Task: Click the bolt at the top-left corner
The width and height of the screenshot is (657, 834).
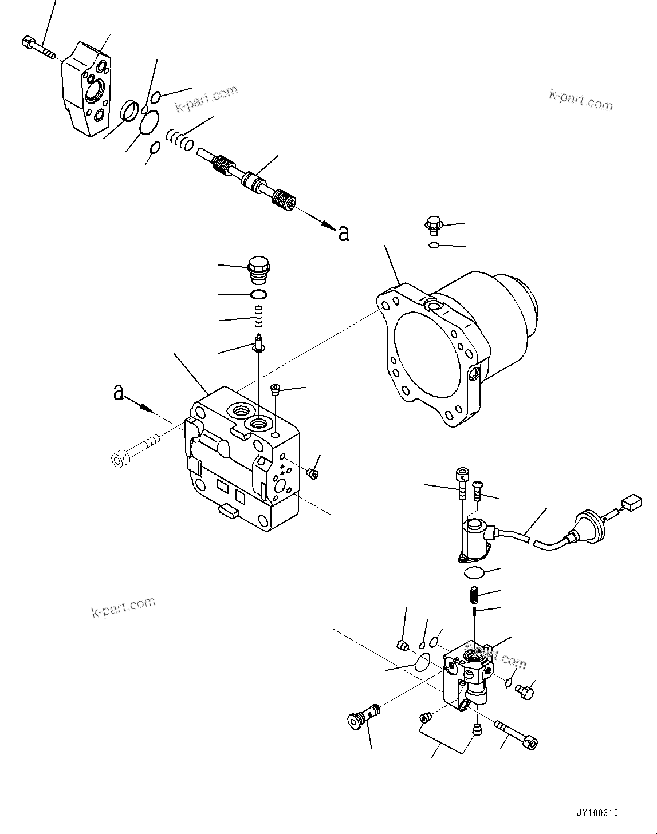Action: tap(38, 48)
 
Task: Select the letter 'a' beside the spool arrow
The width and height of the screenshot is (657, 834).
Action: tap(343, 233)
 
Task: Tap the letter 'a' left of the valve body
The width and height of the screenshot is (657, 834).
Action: tap(119, 392)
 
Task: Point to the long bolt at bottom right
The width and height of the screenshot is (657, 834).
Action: tap(516, 733)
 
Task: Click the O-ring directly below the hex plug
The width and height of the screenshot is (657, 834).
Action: tap(258, 295)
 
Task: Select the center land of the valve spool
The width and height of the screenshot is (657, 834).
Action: tap(253, 181)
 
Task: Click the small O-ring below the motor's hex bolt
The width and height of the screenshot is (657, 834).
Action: tap(434, 246)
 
